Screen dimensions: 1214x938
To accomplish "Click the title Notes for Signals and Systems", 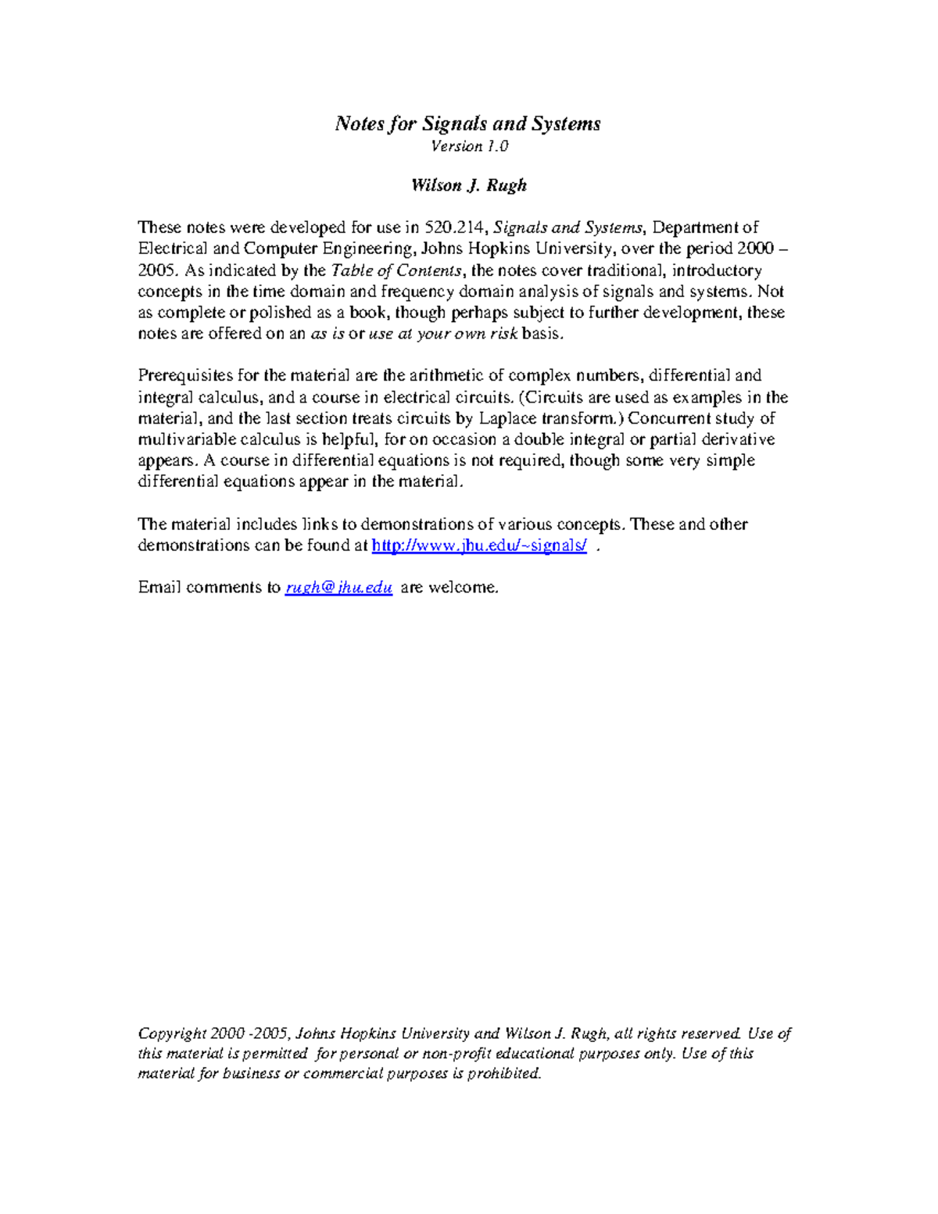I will tap(467, 124).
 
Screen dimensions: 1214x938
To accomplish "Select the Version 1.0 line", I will tap(469, 146).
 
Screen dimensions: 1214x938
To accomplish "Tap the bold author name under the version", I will tap(469, 185).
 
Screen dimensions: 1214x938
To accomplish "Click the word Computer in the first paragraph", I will tap(281, 249).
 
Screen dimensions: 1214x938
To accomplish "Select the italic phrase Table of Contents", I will tap(397, 270).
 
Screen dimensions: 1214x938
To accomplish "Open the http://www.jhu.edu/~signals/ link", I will tap(479, 546).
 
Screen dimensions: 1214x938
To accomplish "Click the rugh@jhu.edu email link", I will tap(338, 588).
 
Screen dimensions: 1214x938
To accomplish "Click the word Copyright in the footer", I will tap(172, 1033).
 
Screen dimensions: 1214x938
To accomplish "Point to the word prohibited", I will tap(504, 1073).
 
